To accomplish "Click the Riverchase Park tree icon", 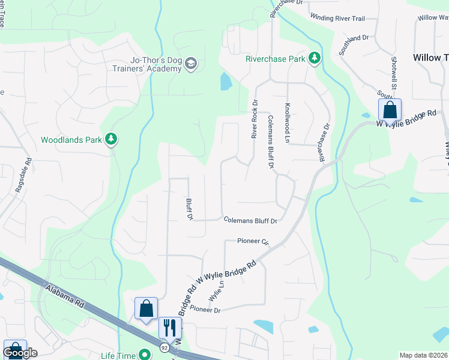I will [313, 58].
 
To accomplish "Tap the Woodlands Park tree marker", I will [110, 140].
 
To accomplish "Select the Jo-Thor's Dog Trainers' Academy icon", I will [191, 64].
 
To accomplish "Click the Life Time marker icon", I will [144, 355].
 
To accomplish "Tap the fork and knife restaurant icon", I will [169, 328].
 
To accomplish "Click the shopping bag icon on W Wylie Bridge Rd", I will [390, 110].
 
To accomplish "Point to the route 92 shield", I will [164, 348].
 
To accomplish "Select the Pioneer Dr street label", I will [206, 310].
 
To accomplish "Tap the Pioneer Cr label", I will [253, 241].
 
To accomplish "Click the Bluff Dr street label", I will [188, 209].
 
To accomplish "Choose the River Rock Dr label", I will [255, 119].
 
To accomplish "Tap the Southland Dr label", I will [354, 45].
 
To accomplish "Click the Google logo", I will [20, 353].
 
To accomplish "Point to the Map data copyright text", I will [424, 355].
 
